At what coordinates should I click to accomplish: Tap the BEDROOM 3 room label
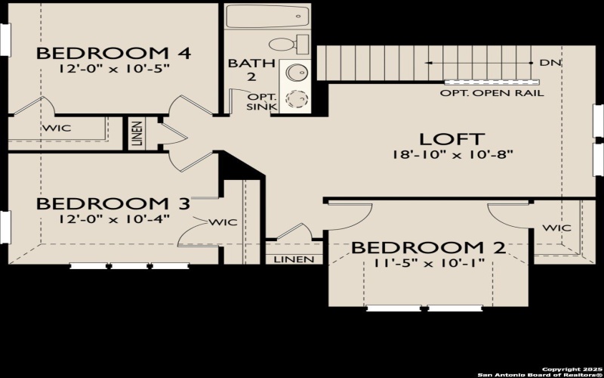[x=113, y=203]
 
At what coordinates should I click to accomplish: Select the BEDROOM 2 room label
[x=428, y=248]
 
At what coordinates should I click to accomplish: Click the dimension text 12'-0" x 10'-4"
[x=113, y=218]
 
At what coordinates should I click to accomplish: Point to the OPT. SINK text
[x=263, y=102]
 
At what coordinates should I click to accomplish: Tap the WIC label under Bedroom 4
[x=57, y=128]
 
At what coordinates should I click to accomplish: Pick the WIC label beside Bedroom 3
[x=223, y=222]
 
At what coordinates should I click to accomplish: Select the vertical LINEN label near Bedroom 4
[x=136, y=132]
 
